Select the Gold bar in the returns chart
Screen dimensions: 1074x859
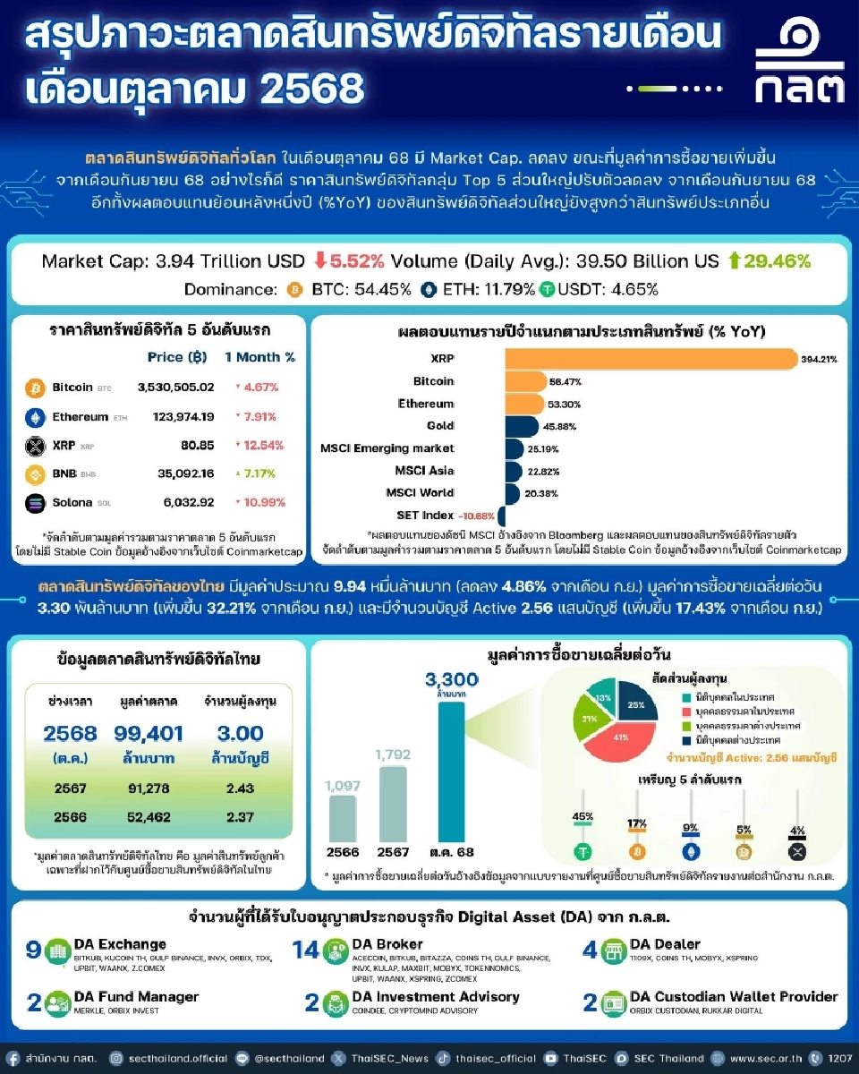522,426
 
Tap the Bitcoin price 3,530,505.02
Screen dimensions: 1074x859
176,388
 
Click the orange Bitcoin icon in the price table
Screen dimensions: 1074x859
35,388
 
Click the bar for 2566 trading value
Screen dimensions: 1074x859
342,818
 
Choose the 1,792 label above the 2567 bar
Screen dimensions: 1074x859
392,754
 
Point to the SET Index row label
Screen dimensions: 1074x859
425,516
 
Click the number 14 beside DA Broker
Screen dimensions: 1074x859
306,950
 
